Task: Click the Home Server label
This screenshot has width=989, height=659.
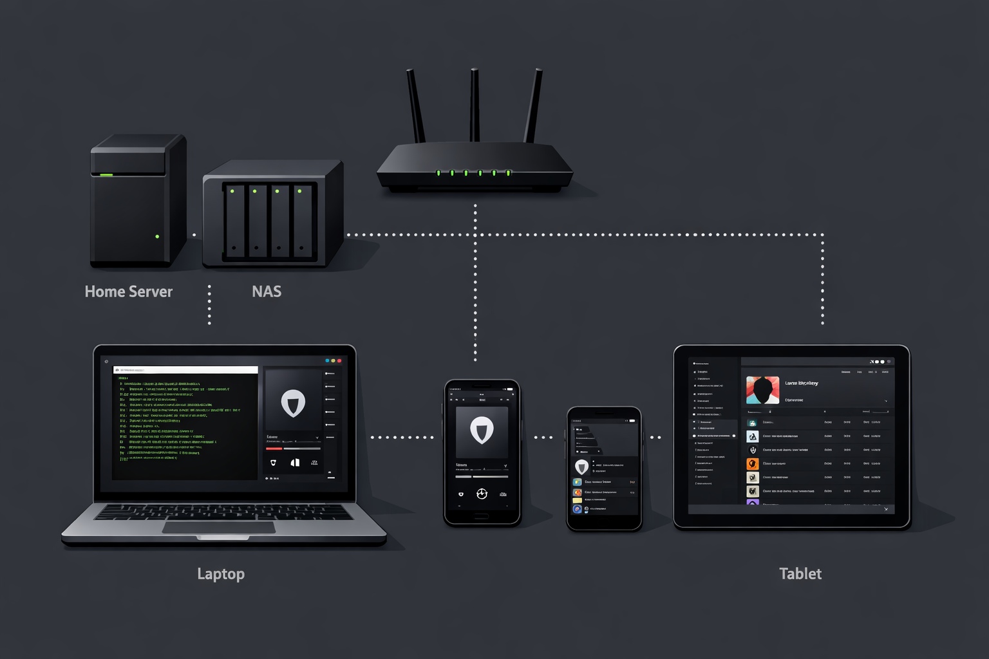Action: coord(129,292)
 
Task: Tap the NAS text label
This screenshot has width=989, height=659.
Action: coord(267,292)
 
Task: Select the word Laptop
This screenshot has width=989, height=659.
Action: coord(221,574)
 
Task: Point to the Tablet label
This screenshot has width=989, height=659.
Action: coord(800,574)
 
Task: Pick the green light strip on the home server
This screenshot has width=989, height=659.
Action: coord(106,174)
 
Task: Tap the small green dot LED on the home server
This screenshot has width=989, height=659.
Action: coord(157,237)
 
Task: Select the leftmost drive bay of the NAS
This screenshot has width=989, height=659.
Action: coord(235,221)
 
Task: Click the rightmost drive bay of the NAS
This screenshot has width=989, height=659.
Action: coord(302,221)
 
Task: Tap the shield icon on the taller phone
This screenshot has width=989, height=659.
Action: coord(482,430)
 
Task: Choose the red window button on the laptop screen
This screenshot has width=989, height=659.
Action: coord(339,361)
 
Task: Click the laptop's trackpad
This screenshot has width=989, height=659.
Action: coord(219,527)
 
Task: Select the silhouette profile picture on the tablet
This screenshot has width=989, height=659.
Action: coord(762,390)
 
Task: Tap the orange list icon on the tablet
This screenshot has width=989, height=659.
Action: coord(752,463)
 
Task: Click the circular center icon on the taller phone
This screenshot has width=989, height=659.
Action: coord(482,494)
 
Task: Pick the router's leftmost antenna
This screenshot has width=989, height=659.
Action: coord(416,106)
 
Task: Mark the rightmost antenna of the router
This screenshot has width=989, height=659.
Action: coord(533,106)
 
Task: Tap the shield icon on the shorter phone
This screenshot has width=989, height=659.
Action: coord(581,467)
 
